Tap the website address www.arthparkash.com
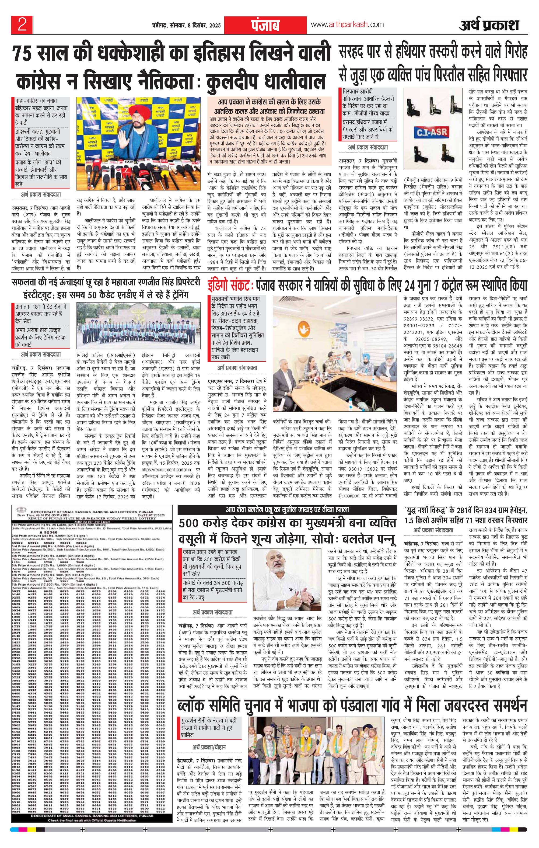pyautogui.click(x=347, y=25)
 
